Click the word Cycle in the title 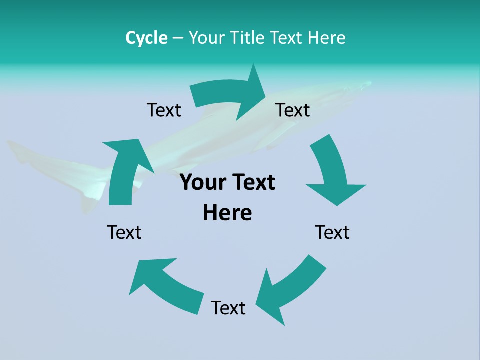pos(146,38)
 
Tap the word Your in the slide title pos(205,38)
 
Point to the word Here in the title pos(326,38)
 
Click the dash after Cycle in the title pos(177,38)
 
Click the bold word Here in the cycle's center pos(227,213)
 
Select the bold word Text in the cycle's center pos(253,183)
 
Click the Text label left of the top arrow pos(164,110)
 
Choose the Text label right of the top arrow pos(293,110)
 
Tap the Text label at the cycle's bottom pos(228,308)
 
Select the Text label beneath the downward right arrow pos(332,232)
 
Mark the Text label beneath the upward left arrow pos(124,232)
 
